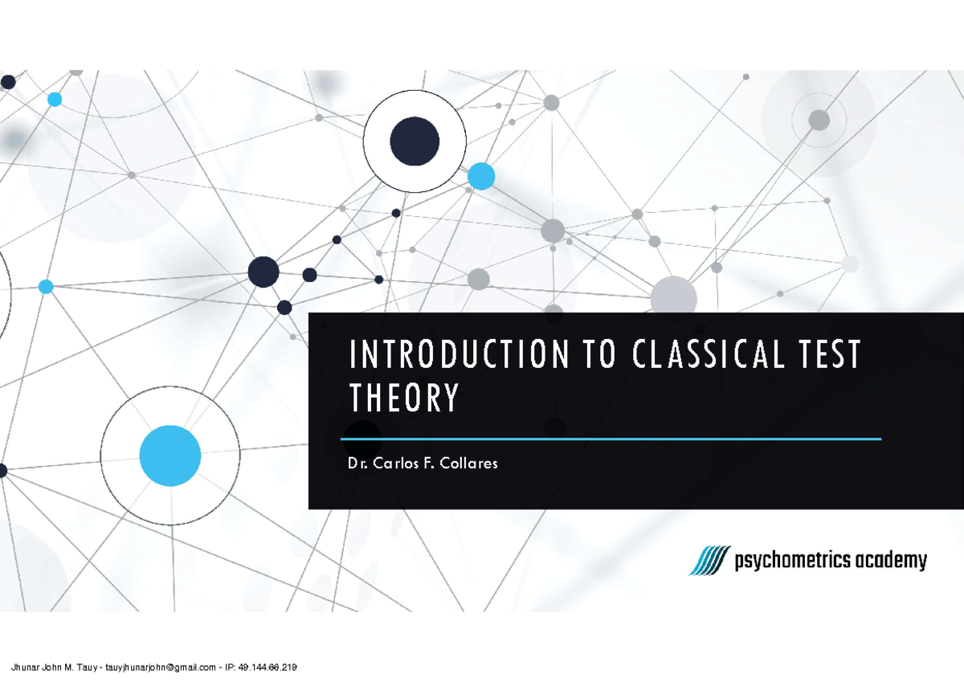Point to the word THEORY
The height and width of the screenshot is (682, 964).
[404, 398]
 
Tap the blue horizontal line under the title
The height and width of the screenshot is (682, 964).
[611, 439]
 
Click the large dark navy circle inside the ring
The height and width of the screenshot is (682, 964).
[415, 141]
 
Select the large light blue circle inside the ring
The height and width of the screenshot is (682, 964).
[170, 456]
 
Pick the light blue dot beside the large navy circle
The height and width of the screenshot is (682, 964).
[481, 176]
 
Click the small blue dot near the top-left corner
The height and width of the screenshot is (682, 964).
[55, 100]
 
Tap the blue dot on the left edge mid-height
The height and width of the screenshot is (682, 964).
[46, 287]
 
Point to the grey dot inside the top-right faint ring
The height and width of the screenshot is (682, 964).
[819, 120]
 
